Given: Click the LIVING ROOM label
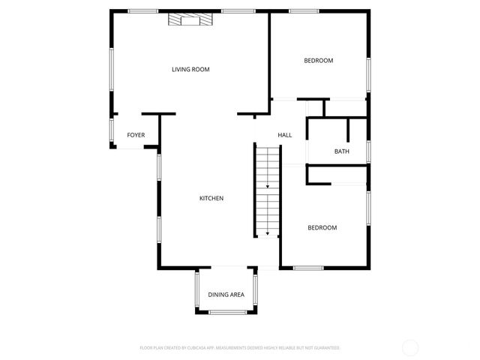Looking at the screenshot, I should [x=190, y=69].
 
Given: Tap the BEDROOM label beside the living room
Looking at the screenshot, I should [x=318, y=61].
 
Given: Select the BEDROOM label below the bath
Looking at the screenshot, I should [x=322, y=227].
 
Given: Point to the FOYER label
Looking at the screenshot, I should [x=136, y=135].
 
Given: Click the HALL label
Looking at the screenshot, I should [x=285, y=135].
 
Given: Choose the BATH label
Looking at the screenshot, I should [x=341, y=151].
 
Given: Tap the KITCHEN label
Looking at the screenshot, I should [x=211, y=198].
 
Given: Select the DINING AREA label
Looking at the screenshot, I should [x=226, y=295].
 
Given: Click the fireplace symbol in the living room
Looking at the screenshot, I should [x=186, y=20].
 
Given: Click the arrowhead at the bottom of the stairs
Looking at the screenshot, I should [x=267, y=234].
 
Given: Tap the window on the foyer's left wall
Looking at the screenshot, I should [x=111, y=130].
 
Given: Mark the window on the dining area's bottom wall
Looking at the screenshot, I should [x=226, y=312].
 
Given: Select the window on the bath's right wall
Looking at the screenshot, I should [x=368, y=151].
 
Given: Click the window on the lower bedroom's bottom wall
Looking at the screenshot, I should [x=308, y=268].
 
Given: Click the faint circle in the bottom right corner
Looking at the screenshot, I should [x=410, y=347].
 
